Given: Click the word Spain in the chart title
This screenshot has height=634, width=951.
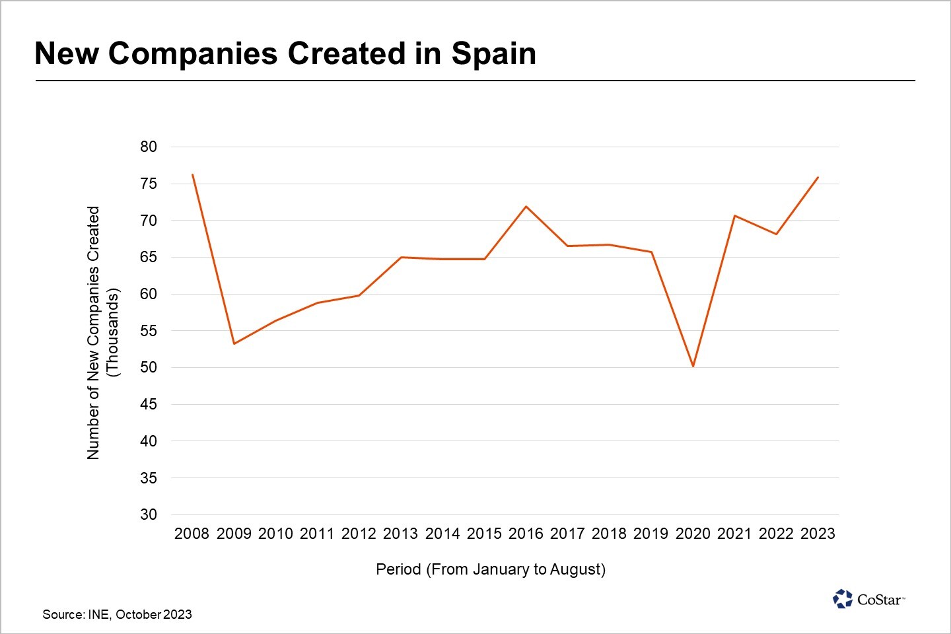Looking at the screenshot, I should tap(493, 53).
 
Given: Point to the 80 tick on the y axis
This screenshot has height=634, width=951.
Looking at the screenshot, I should tap(149, 147).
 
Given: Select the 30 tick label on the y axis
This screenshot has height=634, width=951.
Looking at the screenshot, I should tap(149, 514).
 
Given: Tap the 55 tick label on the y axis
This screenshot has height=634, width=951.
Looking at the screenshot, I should tap(149, 331).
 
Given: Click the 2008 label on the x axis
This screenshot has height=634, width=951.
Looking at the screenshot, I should tap(192, 534).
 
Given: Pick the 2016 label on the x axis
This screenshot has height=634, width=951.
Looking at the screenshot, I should tap(526, 534).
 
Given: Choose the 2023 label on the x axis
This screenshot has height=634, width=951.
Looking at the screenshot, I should tap(818, 534).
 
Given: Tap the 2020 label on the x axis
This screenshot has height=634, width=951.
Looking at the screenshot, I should tap(693, 534).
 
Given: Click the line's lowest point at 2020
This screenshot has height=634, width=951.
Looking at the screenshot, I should tap(693, 366).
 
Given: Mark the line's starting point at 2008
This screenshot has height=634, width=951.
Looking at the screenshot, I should tap(192, 174).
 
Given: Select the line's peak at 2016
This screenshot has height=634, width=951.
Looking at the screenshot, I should tap(526, 207).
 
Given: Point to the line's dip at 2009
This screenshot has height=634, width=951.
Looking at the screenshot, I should tap(234, 343).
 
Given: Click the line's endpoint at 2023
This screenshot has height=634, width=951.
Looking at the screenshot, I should tap(818, 177).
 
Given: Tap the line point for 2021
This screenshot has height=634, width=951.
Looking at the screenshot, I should tap(734, 215).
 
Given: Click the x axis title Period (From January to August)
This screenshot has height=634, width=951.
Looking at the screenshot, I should tap(491, 569).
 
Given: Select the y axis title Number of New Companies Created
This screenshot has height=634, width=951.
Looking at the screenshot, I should tap(93, 333).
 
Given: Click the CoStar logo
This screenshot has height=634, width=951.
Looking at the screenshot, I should tap(868, 599).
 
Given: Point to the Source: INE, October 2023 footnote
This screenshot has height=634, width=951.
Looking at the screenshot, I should tap(117, 614).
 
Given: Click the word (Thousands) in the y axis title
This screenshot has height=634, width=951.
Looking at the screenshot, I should tap(113, 333).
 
